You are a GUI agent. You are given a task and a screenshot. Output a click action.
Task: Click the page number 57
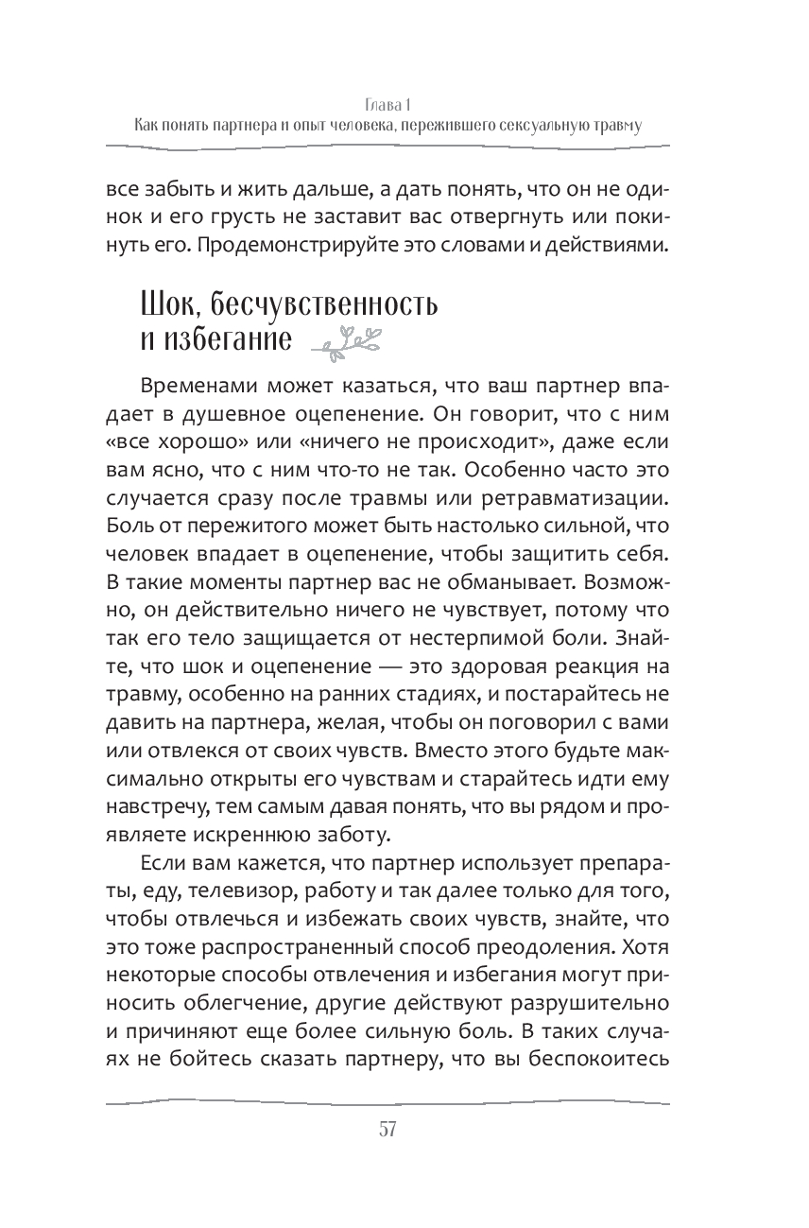pos(387,1129)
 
